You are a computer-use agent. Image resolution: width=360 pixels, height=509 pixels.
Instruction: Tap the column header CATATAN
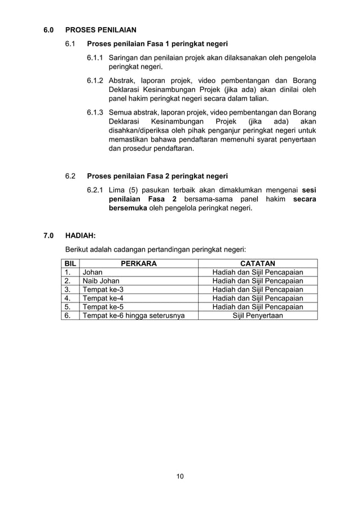point(257,263)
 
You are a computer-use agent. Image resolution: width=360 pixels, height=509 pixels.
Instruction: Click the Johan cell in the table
point(93,272)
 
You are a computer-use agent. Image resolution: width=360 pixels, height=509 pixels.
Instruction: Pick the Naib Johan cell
point(101,281)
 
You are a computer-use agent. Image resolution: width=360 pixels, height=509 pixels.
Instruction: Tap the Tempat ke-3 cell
point(103,290)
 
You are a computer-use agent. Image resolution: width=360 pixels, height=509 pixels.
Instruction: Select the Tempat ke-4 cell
point(103,299)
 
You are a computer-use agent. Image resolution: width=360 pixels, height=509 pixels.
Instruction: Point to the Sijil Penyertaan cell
point(258,315)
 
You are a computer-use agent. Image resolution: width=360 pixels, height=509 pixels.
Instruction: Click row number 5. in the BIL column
point(67,307)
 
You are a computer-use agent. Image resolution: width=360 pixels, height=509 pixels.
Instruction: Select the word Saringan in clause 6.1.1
point(126,58)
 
